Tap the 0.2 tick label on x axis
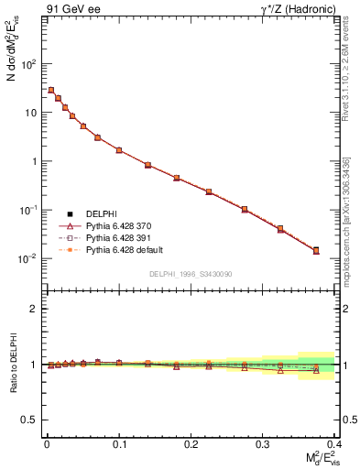coord(191,443)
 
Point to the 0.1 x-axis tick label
coord(118,443)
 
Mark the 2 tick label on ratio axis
coord(33,309)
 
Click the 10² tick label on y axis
coord(27,64)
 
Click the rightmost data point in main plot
coord(316,250)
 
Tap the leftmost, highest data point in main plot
coord(51,90)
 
